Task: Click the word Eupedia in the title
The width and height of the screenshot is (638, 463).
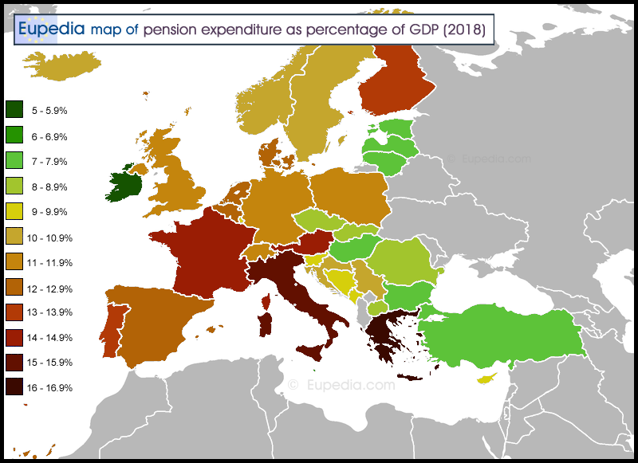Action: click(52, 29)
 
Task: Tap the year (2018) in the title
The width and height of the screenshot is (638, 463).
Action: click(464, 29)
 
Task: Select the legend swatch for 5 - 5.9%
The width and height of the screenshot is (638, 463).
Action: click(14, 111)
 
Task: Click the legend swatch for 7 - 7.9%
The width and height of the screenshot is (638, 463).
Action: click(14, 161)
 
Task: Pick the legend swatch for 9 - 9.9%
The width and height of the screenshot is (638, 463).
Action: click(14, 212)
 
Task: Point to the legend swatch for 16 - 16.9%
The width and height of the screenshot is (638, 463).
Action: click(14, 388)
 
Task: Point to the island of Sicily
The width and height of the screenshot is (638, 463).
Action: click(311, 351)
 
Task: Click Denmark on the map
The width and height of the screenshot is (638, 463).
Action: click(268, 152)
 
